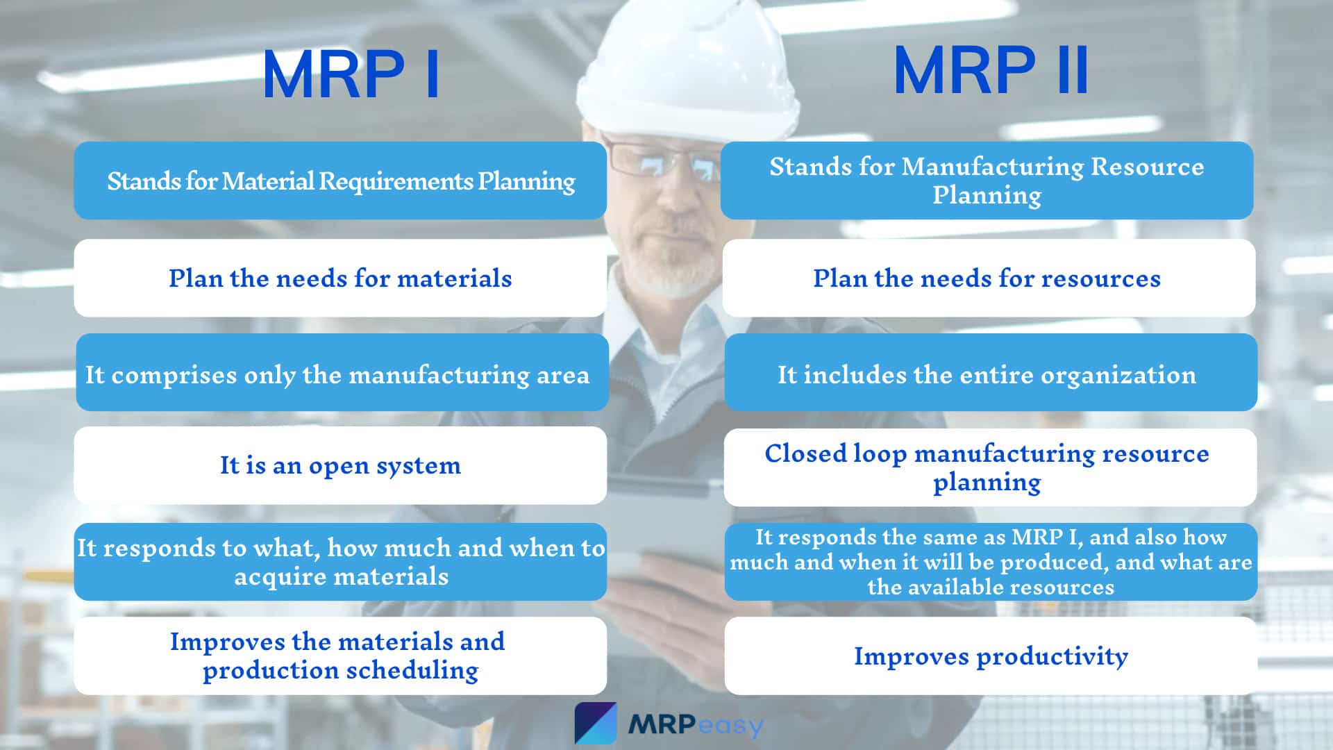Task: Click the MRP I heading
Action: (x=351, y=75)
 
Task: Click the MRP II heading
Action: (x=991, y=70)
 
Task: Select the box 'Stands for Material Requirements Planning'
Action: (x=340, y=181)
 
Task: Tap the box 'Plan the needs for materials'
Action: (x=340, y=278)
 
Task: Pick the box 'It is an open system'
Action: (x=340, y=465)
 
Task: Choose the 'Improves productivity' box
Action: (x=991, y=656)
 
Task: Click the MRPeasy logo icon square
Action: (x=596, y=723)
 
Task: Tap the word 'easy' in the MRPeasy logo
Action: (x=730, y=726)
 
